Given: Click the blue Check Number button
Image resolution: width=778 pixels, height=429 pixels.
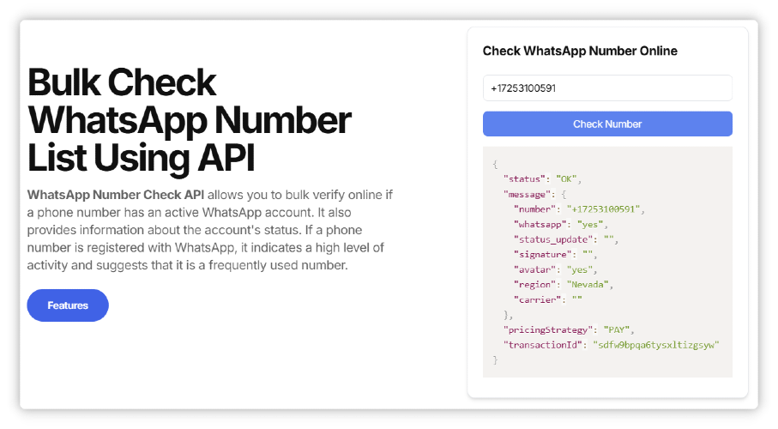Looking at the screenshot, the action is [x=607, y=124].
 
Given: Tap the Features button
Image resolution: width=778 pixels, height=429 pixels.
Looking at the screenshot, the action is [x=68, y=305].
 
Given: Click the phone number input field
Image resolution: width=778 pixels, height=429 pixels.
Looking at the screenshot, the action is [x=607, y=88].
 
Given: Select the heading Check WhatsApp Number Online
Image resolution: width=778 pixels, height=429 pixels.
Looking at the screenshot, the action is [x=580, y=51].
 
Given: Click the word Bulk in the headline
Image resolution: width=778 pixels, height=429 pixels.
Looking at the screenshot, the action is [x=64, y=82].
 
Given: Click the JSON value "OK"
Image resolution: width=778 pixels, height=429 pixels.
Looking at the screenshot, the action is [x=566, y=178].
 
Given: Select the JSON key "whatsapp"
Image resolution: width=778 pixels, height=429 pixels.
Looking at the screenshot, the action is [x=540, y=225].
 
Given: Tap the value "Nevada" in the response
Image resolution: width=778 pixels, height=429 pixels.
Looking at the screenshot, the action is [x=588, y=285].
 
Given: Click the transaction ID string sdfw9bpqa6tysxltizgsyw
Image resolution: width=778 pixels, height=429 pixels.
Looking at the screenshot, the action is [x=656, y=345].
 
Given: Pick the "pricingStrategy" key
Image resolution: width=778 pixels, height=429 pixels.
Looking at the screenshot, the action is [x=548, y=329].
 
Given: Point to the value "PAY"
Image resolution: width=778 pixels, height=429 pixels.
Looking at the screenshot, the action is [x=616, y=329].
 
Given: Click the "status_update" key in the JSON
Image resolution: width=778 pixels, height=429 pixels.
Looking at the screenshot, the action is [x=553, y=239].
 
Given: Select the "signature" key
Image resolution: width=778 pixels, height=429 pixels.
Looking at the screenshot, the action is [x=543, y=254].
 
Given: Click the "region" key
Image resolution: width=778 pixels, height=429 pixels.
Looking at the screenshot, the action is [x=535, y=285].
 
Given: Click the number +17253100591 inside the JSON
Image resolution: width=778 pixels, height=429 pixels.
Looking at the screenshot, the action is [x=603, y=209].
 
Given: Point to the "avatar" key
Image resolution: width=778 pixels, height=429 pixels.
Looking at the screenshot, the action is [x=535, y=269].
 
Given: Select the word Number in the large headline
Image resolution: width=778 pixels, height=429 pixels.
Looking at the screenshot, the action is [x=283, y=120].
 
